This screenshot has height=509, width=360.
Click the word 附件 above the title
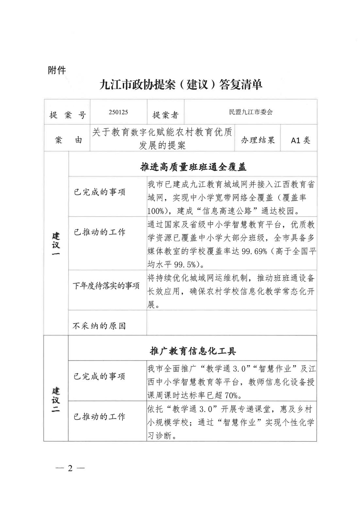(57, 70)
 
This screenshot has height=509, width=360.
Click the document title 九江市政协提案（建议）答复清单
(181, 85)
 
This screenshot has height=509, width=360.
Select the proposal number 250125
(118, 112)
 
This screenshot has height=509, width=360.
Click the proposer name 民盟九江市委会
(251, 112)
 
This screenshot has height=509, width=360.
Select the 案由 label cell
(67, 140)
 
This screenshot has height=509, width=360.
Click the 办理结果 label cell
(258, 140)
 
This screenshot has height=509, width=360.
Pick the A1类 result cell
(300, 140)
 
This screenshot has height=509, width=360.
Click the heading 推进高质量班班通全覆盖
(193, 167)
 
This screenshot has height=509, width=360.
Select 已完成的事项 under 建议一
(99, 192)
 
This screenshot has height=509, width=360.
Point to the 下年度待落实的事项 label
(106, 286)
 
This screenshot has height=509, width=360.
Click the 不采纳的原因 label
(99, 326)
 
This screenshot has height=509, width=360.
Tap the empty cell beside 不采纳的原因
(231, 323)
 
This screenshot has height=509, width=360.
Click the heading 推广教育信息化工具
(193, 351)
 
